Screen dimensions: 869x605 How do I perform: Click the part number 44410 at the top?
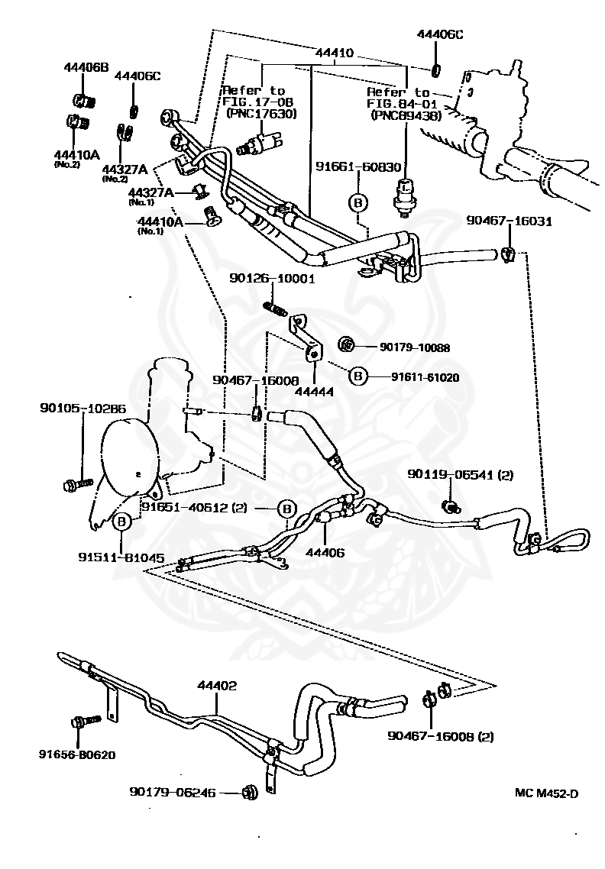[334, 53]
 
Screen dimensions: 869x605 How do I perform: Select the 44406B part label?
[86, 67]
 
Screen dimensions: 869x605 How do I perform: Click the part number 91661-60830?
[358, 166]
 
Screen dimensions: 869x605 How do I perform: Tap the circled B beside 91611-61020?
[357, 376]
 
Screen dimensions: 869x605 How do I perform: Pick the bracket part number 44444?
[315, 389]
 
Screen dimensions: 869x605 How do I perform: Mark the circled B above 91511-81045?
[122, 522]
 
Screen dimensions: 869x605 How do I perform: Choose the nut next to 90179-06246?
[249, 793]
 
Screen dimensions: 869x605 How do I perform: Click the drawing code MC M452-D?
[545, 793]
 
